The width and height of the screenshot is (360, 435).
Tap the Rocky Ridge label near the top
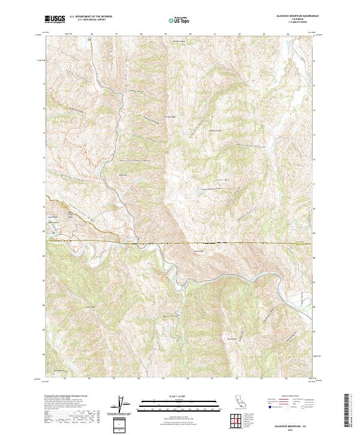pyautogui.click(x=177, y=41)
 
